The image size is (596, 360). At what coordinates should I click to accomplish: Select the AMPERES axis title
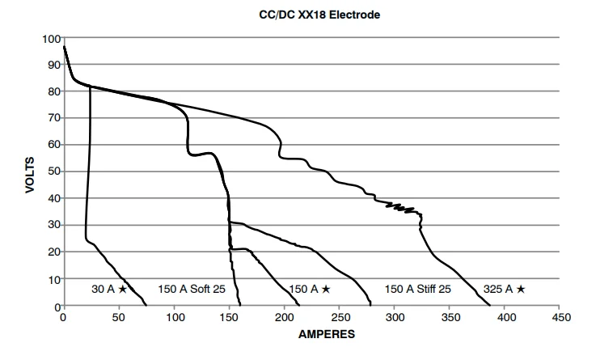pos(311,333)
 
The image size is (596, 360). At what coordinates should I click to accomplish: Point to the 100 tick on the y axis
pos(52,38)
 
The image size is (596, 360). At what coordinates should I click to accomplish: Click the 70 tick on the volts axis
pos(54,118)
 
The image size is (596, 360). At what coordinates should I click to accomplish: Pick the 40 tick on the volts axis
pos(54,198)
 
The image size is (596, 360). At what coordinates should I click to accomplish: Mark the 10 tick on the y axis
pos(54,279)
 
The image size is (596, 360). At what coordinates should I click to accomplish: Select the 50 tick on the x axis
pos(119,318)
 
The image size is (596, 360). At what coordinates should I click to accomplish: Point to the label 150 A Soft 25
pos(191,288)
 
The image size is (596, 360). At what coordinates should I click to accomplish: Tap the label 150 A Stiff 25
pos(417,288)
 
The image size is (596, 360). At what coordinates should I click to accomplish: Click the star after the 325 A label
pos(521,288)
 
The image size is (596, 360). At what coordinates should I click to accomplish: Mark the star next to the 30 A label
pos(122,288)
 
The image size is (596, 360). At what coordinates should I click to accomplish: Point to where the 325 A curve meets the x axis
pos(489,306)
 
